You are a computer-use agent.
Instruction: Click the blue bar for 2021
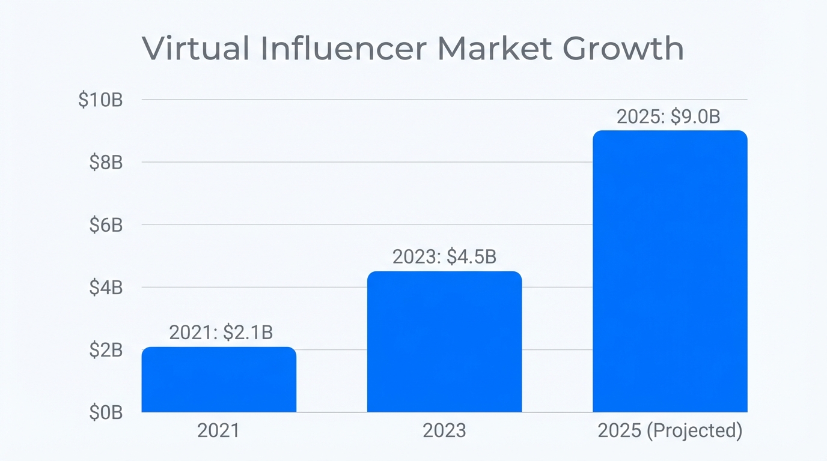coord(219,379)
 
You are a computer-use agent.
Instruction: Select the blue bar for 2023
coord(444,342)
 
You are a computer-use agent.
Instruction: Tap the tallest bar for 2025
coord(670,271)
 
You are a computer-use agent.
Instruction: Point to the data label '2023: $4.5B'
coord(444,257)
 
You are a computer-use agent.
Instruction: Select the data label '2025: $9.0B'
coord(668,116)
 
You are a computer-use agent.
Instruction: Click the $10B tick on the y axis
coord(100,100)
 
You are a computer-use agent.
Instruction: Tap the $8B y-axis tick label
coord(106,162)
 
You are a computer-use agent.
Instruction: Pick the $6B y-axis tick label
coord(106,225)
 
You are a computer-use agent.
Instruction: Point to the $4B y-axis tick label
coord(106,288)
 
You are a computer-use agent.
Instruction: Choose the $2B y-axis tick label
coord(106,350)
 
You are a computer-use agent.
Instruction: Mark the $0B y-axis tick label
coord(106,412)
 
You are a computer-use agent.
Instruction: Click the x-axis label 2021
coord(218,431)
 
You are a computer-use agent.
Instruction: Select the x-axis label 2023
coord(444,431)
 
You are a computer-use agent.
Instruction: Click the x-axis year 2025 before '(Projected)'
coord(620,431)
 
